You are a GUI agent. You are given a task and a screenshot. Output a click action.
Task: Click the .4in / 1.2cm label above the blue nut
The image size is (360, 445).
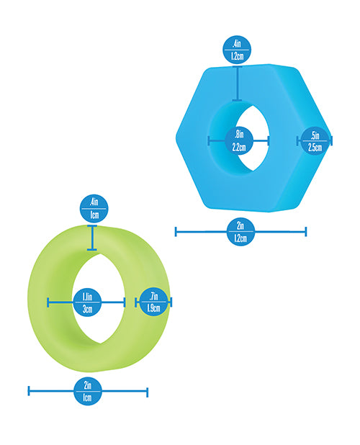coord(237,50)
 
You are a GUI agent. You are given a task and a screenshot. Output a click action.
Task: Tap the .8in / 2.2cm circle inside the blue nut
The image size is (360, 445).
coord(239,140)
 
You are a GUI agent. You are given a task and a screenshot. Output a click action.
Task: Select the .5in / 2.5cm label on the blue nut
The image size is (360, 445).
coord(315,140)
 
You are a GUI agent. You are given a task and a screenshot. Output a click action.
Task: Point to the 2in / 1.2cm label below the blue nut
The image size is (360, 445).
coord(240,232)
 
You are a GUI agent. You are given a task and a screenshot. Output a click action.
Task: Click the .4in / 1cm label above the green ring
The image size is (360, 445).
coord(94,209)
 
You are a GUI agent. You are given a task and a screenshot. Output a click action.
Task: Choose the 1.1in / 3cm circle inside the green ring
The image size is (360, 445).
coord(87,302)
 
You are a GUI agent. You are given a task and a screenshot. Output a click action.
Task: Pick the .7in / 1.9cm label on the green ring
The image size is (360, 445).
coord(153,302)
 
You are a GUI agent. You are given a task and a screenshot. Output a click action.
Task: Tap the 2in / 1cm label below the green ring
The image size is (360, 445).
coord(88,392)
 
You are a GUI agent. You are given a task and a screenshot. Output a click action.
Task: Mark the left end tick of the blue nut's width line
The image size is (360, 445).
coord(176,232)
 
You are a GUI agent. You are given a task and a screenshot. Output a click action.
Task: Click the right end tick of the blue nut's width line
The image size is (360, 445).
coord(305,232)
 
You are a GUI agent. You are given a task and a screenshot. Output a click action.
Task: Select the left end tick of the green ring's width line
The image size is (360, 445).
coord(29,391)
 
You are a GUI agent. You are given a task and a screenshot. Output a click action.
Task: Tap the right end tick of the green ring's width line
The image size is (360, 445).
coord(147,392)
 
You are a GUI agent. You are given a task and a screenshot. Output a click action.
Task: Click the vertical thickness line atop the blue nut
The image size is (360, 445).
coord(238,84)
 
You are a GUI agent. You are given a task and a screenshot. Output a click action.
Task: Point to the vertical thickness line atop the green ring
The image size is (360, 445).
coord(92,238)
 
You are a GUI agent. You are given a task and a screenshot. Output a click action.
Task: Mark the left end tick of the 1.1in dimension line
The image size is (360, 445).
coord(48,302)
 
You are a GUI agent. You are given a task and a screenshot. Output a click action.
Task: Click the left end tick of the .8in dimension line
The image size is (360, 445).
coord(209,140)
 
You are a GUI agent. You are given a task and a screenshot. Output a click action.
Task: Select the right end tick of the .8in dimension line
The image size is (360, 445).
coord(268,140)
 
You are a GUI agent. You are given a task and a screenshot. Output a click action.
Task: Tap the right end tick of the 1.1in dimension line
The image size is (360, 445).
coord(125,302)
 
